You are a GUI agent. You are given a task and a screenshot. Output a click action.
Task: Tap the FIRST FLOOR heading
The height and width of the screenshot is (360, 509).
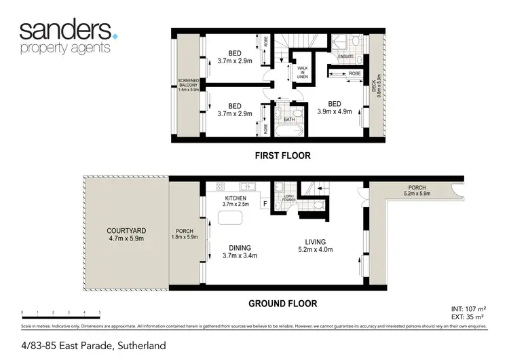tap(282, 156)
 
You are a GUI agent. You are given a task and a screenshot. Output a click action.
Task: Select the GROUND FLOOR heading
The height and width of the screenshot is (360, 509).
tap(282, 304)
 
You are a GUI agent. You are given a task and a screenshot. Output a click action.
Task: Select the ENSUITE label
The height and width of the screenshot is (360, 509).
tap(347, 57)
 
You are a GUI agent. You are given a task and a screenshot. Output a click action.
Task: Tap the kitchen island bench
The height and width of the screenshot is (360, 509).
tap(229, 218)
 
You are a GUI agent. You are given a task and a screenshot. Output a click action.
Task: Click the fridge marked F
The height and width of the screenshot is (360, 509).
tap(265, 202)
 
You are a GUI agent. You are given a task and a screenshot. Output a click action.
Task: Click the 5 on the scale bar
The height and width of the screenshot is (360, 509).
tap(100, 312)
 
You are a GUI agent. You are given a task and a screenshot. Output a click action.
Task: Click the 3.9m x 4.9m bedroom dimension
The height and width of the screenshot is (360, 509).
tap(335, 112)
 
